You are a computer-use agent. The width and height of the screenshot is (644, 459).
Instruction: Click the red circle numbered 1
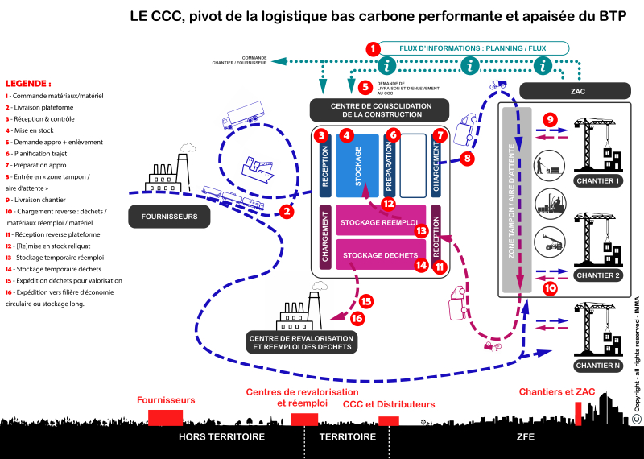click(x=372, y=49)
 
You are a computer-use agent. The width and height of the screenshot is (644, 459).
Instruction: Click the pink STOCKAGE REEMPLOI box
click(x=377, y=222)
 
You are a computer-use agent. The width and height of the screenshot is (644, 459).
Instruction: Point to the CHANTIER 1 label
click(x=605, y=180)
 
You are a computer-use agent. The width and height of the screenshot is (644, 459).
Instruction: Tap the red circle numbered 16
click(x=357, y=319)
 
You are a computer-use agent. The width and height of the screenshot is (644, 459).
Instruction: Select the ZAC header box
click(x=577, y=91)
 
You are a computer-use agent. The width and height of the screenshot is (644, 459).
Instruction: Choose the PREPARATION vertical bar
click(x=390, y=166)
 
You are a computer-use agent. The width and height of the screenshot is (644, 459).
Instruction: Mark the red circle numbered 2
click(x=286, y=212)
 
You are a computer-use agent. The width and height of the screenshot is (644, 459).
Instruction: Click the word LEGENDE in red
click(x=28, y=83)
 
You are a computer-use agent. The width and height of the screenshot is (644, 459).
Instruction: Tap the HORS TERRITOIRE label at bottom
click(x=221, y=437)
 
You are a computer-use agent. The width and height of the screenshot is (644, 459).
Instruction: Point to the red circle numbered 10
click(x=550, y=286)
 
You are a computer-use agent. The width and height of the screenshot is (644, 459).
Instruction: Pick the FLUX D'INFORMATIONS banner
click(x=473, y=48)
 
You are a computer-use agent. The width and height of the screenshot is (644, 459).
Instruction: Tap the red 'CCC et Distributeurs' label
click(x=389, y=404)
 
